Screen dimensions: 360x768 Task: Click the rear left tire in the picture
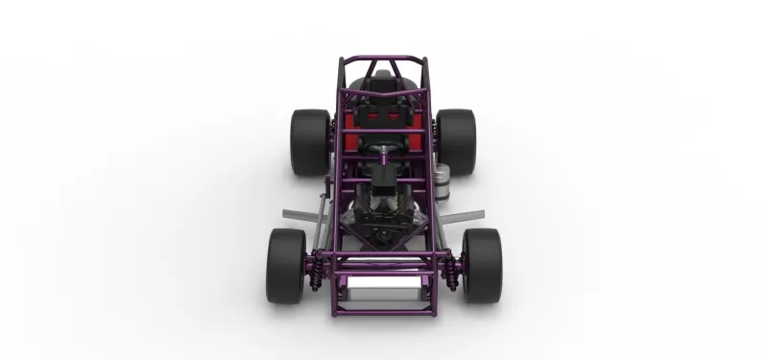310,142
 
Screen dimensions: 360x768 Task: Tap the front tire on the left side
286,266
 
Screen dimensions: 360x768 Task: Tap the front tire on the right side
482,266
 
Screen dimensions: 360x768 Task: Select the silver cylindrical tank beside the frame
440,181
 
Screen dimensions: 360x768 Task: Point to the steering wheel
384,151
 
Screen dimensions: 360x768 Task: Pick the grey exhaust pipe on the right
463,212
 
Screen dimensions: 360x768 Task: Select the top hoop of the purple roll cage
384,59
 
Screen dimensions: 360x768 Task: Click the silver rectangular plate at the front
384,285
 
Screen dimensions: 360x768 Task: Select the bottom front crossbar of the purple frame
384,314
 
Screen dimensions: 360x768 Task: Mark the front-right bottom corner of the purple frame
435,314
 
